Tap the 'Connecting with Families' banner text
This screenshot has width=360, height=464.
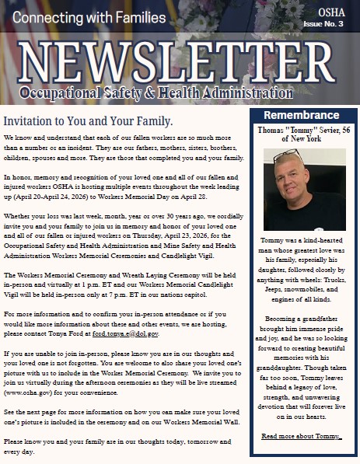pyautogui.click(x=86, y=17)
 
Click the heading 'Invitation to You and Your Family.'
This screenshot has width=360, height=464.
pyautogui.click(x=88, y=122)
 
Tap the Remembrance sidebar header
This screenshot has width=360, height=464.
pyautogui.click(x=302, y=114)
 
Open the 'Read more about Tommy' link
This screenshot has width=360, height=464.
pyautogui.click(x=302, y=436)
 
